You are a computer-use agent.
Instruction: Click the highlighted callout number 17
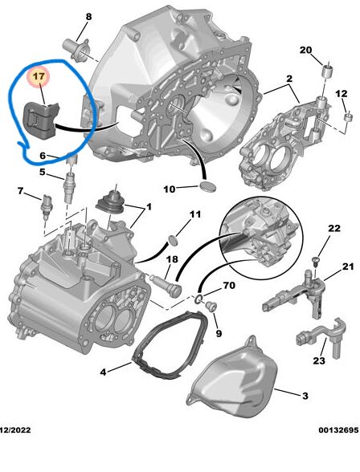coord(39,77)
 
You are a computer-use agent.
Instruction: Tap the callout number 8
coord(88,17)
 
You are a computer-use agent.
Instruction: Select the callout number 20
coord(327,51)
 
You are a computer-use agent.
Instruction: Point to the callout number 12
coord(342,94)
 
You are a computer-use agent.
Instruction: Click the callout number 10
coord(170,189)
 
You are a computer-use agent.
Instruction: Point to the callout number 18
coord(171,258)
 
